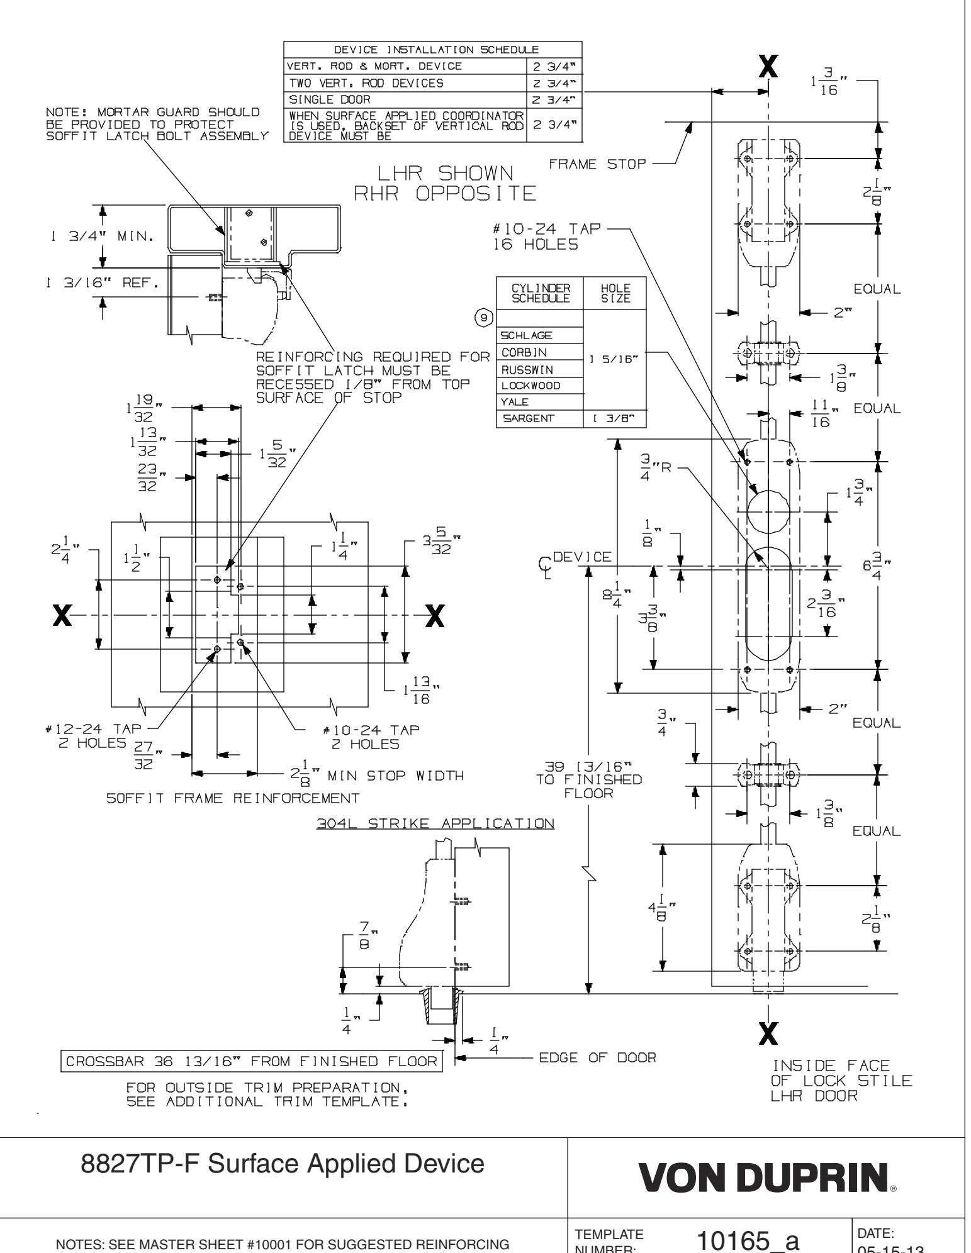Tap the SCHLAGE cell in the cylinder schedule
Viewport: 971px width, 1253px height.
[x=524, y=335]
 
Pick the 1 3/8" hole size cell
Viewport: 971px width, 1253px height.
[x=615, y=418]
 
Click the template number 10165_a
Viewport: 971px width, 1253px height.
[x=748, y=1237]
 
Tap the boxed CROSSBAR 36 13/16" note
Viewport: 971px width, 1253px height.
[x=250, y=1061]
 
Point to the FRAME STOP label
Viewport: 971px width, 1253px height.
[x=597, y=165]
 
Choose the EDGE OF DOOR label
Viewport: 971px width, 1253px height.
[x=597, y=1057]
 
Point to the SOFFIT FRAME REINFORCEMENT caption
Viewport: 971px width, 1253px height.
[x=233, y=798]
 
